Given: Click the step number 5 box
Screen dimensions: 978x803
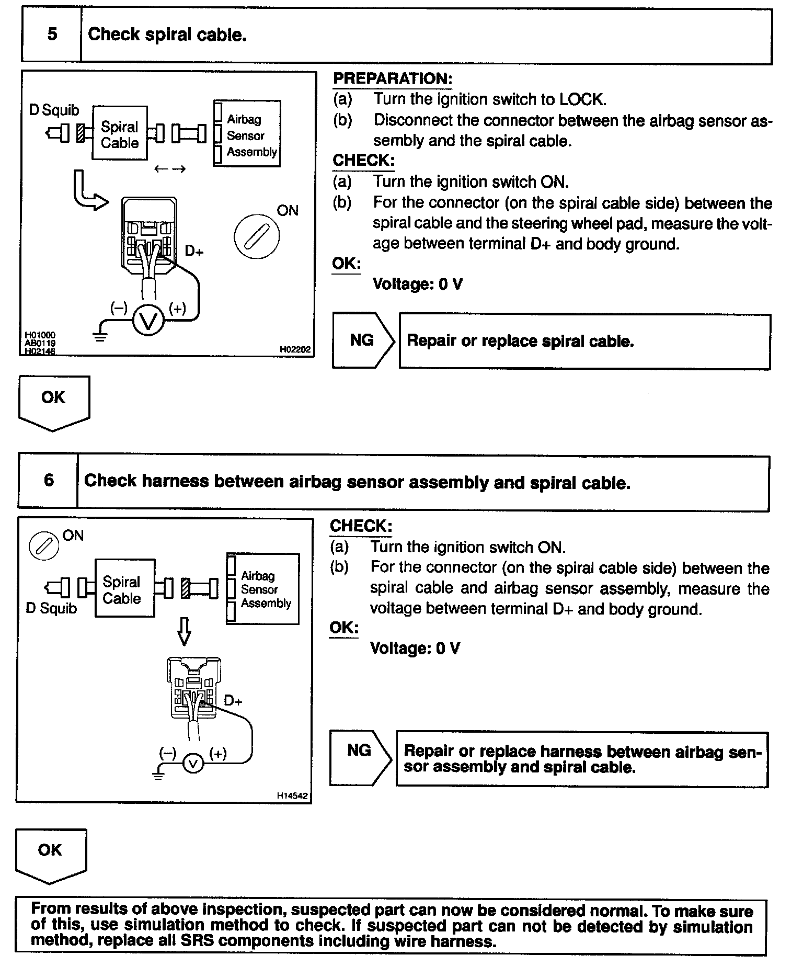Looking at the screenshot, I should point(52,35).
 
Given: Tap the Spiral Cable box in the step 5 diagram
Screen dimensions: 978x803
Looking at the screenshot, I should point(120,134).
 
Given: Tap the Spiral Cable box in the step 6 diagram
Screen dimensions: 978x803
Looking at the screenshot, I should point(124,589).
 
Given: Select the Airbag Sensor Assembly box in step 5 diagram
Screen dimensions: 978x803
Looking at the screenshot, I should point(247,134).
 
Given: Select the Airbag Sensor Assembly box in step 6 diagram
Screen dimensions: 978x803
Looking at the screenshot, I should point(263,589).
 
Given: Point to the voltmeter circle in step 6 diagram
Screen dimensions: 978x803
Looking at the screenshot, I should point(193,764).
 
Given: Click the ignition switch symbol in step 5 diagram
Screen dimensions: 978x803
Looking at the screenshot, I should point(256,238).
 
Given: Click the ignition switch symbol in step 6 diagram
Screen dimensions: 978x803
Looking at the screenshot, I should point(44,546).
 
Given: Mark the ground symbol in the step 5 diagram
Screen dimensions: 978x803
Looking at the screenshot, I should point(101,335).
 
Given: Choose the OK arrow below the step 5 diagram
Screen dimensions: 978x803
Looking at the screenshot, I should point(54,403).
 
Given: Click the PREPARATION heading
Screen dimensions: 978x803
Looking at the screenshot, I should point(393,79).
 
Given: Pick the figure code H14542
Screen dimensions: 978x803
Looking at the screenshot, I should point(293,796).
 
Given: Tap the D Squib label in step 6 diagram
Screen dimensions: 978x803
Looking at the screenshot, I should point(51,608).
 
